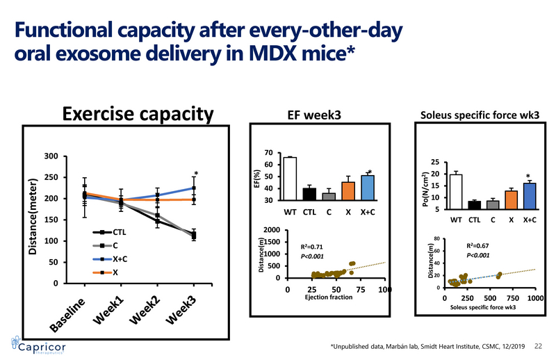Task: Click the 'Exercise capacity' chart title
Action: tap(138, 114)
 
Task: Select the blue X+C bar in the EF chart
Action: tap(368, 188)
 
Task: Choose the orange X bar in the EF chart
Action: tap(348, 191)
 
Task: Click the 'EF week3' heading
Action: tap(314, 115)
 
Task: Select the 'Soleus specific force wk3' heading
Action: tap(480, 115)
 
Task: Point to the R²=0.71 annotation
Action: tap(313, 247)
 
